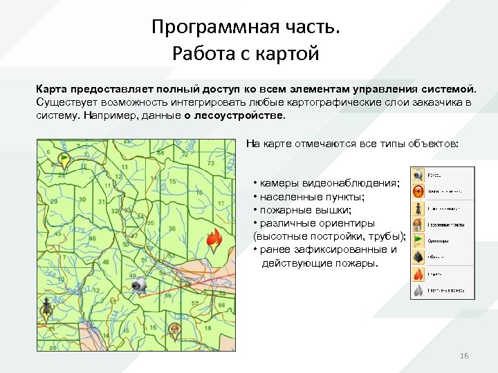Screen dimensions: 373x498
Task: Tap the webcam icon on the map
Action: pos(140,284)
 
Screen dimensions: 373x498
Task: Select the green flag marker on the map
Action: pos(64,159)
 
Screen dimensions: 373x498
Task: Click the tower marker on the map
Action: pos(46,310)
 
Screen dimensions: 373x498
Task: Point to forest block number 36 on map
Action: pos(172,229)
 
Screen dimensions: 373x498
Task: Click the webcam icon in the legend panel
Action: pos(418,175)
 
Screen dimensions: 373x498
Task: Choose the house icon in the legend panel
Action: pos(418,224)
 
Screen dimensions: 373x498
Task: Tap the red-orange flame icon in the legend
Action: pos(418,274)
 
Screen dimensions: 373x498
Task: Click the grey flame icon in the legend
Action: pos(418,290)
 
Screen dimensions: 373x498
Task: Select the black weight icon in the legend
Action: pos(418,258)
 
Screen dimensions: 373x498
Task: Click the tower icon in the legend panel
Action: pos(418,208)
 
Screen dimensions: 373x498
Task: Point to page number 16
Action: pos(464,356)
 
